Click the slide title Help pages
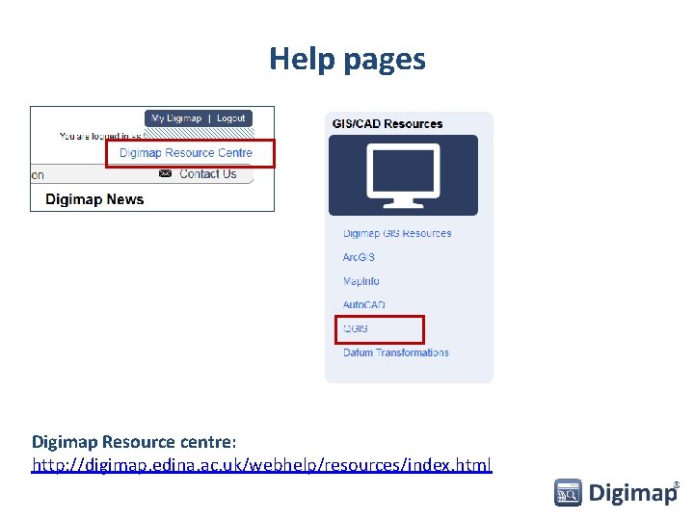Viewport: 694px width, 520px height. coord(347,59)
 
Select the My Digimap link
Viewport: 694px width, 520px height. coord(176,118)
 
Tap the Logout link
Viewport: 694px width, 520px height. coord(231,118)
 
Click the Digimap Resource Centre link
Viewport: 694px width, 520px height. coord(186,153)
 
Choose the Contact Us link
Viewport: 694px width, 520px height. coord(207,174)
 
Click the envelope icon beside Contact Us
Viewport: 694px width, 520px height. coord(165,174)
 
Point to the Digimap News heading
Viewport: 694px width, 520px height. coord(94,199)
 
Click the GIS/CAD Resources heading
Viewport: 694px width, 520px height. coord(387,123)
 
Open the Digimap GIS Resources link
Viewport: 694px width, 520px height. coord(397,233)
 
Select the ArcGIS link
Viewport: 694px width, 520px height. coord(359,257)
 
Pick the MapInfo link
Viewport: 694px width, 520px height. coord(361,281)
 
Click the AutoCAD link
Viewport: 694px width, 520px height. coord(364,305)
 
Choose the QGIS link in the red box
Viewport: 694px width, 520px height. coord(356,329)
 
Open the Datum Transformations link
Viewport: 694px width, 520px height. coord(396,352)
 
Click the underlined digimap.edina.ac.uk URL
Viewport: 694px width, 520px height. coord(261,465)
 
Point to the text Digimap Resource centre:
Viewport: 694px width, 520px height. coord(134,442)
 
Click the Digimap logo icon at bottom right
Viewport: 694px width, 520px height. coord(568,493)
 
